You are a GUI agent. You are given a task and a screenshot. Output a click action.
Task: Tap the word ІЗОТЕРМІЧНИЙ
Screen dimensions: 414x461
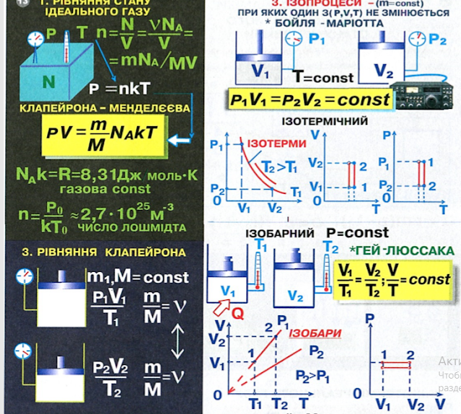[325, 121]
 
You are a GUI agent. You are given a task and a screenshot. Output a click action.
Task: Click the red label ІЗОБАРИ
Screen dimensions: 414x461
[309, 334]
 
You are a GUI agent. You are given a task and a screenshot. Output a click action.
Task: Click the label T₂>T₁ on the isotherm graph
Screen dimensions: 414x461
[276, 168]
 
